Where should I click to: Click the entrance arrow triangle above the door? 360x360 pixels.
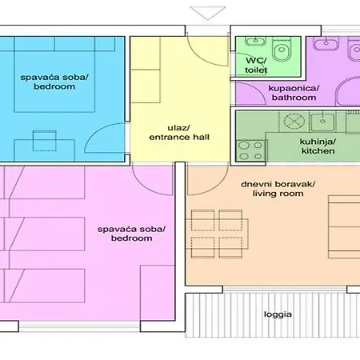(x=208, y=13)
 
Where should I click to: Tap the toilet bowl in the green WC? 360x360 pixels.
(x=281, y=49)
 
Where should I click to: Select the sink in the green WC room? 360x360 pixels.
(x=256, y=42)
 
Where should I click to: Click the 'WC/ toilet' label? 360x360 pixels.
(x=256, y=65)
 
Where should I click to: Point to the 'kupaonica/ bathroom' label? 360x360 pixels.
(x=294, y=93)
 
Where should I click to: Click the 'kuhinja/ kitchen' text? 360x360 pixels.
(x=318, y=146)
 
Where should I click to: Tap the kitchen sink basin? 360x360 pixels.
(x=322, y=122)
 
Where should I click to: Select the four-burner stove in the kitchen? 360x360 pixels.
(x=250, y=150)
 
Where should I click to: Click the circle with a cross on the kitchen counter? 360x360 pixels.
(x=294, y=122)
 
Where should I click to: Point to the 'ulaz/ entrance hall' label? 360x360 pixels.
(x=179, y=133)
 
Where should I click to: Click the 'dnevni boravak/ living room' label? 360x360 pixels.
(x=278, y=189)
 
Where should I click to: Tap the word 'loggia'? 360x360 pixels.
(x=278, y=314)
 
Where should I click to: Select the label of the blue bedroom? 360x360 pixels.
(x=54, y=82)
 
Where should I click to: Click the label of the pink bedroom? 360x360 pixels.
(x=131, y=234)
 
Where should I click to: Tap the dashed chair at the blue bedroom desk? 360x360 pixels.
(x=45, y=141)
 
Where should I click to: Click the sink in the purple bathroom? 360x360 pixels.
(x=326, y=43)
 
